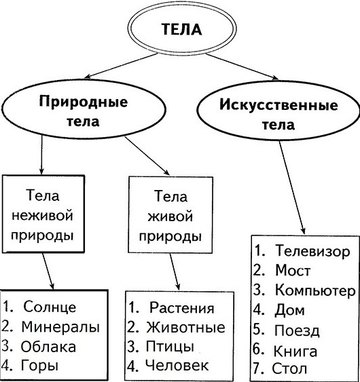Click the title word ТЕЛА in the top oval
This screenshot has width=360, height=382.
point(182,29)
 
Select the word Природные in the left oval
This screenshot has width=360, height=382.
point(84,102)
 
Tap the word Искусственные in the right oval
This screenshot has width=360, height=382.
point(278,105)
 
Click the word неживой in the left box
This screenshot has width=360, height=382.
point(42,216)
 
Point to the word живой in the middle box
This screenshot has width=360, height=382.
point(170,216)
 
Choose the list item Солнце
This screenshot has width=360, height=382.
point(50,307)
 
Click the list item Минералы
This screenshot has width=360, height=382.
point(60,326)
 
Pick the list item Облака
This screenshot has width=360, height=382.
point(48,347)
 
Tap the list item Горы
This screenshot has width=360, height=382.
point(40,366)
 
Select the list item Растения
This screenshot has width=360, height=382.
point(182,307)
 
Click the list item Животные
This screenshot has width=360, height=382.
point(185,327)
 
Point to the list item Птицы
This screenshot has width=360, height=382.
point(170,346)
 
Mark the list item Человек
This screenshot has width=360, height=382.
point(177,365)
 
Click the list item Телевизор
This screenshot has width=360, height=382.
point(312,250)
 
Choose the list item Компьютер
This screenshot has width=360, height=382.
point(315,290)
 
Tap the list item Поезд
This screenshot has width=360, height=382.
point(297,330)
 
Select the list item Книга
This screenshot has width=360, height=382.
point(295,351)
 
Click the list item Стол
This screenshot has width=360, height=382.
point(289,368)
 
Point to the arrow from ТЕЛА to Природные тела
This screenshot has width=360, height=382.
point(121,66)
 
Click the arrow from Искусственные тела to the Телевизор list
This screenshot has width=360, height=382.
point(292,188)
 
